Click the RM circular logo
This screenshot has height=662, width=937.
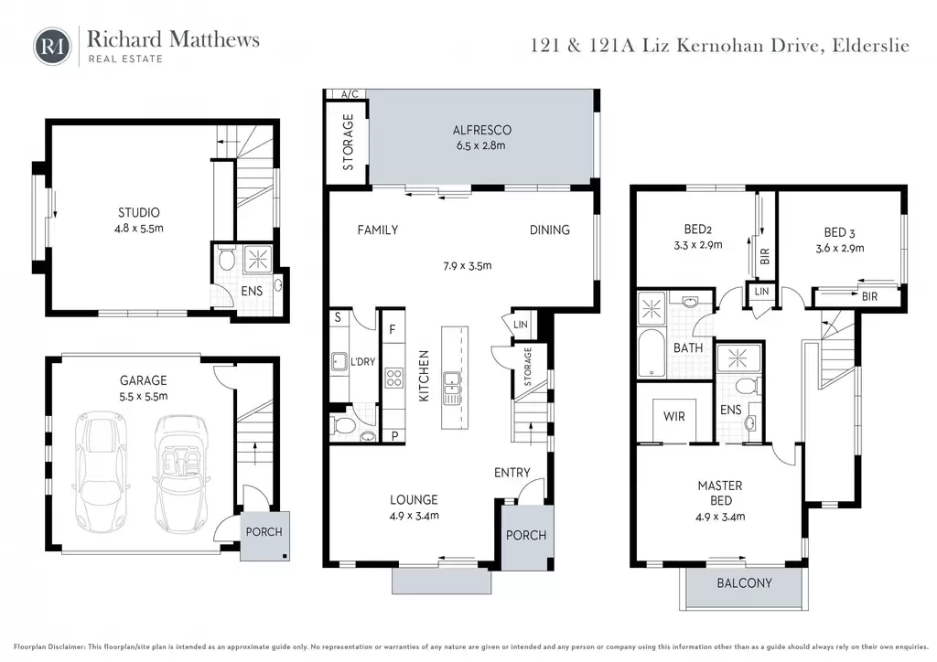tap(52, 46)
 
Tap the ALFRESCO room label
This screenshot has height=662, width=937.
tap(481, 130)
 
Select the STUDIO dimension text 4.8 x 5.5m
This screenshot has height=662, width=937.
tap(139, 228)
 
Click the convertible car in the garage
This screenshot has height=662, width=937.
tap(181, 474)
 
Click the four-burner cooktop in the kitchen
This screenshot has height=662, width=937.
tap(393, 378)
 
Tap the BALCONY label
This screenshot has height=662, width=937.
tap(744, 582)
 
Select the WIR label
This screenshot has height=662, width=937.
tap(674, 416)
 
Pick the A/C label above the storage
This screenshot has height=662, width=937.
tap(350, 93)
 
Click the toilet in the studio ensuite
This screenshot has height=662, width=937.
tap(226, 259)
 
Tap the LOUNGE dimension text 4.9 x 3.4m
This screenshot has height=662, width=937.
tap(415, 516)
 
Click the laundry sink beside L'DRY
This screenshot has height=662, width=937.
tap(340, 362)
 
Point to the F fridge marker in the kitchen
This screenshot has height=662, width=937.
tap(393, 329)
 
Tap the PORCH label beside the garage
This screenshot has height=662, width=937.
tap(264, 531)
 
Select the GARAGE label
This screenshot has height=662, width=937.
tap(144, 380)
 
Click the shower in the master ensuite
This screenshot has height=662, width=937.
tap(738, 358)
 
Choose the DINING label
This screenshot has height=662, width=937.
tap(550, 230)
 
